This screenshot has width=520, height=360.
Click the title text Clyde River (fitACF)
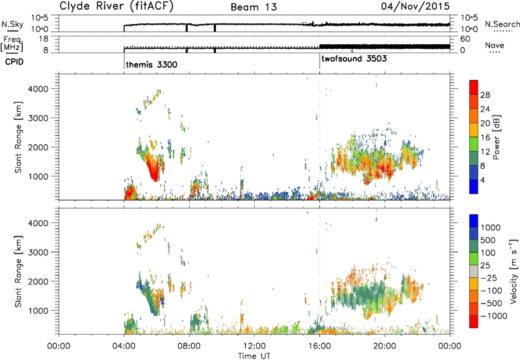pyautogui.click(x=116, y=6)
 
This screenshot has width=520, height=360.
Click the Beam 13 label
pyautogui.click(x=253, y=7)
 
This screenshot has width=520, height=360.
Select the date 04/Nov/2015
pyautogui.click(x=415, y=6)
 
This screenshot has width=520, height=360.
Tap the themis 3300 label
pyautogui.click(x=151, y=64)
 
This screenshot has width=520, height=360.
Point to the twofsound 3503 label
pyautogui.click(x=354, y=58)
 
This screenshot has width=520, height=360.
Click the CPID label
pyautogui.click(x=14, y=62)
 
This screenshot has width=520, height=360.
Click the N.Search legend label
pyautogui.click(x=502, y=24)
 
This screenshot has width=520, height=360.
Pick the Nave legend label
pyautogui.click(x=495, y=45)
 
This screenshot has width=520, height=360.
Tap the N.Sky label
pyautogui.click(x=12, y=24)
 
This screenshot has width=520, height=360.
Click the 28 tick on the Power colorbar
pyautogui.click(x=485, y=95)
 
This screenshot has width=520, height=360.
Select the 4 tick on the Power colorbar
pyautogui.click(x=482, y=180)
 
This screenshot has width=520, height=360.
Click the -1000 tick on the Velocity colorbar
pyautogui.click(x=493, y=316)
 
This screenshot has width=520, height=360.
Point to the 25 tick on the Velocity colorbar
pyautogui.click(x=485, y=266)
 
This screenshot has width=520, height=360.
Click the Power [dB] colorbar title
pyautogui.click(x=496, y=137)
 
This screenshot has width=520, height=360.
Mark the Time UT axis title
pyautogui.click(x=254, y=356)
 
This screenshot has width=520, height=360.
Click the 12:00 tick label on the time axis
pyautogui.click(x=254, y=346)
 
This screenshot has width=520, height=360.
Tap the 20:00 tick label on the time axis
pyautogui.click(x=385, y=346)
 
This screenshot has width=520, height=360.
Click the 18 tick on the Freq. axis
pyautogui.click(x=44, y=39)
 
